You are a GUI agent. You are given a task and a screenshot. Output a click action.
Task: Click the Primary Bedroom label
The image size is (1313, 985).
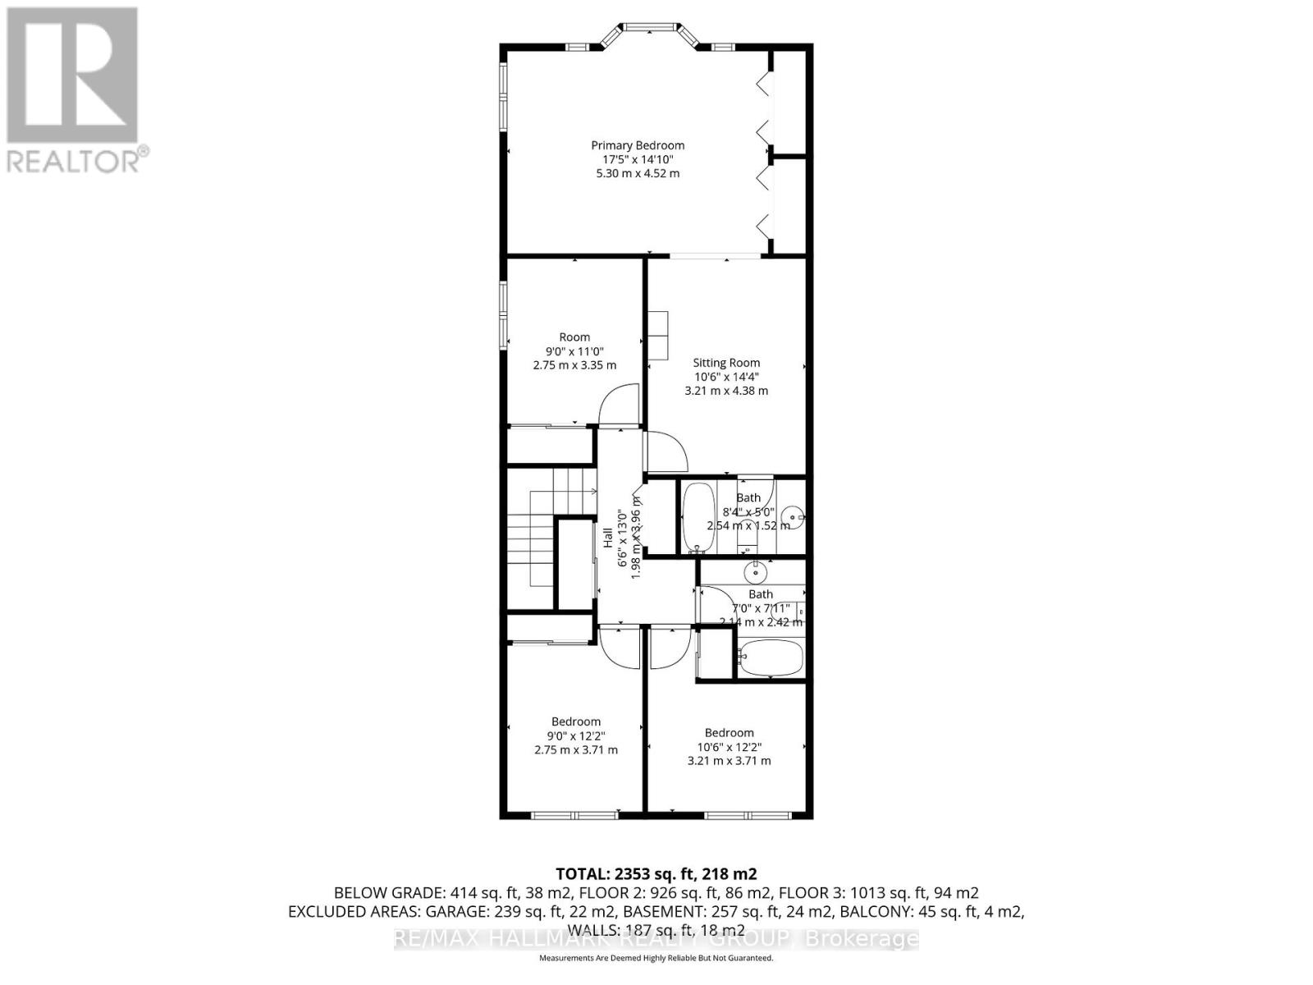tap(638, 145)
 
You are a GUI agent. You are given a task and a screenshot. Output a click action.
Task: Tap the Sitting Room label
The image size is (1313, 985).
tap(726, 362)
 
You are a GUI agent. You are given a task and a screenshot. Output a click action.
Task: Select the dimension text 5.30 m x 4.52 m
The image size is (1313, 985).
tap(638, 174)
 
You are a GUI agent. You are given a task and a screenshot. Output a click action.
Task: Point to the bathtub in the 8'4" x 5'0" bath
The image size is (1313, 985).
tap(698, 518)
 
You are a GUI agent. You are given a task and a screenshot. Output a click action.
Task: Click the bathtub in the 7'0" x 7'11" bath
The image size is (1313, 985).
tap(771, 658)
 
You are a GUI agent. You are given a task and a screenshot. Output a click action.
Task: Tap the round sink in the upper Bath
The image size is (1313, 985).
tap(792, 517)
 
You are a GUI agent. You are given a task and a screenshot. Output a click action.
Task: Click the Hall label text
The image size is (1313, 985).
tap(608, 538)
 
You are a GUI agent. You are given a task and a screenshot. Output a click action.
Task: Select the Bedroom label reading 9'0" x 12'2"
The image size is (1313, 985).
tap(575, 722)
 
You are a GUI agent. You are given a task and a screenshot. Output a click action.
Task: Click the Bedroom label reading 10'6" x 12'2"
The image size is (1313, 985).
tap(729, 733)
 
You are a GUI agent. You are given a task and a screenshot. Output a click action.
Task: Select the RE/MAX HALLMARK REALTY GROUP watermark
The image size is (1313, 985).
tap(656, 938)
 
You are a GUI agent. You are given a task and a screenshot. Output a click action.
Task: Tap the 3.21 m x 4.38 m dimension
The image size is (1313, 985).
tap(726, 391)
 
